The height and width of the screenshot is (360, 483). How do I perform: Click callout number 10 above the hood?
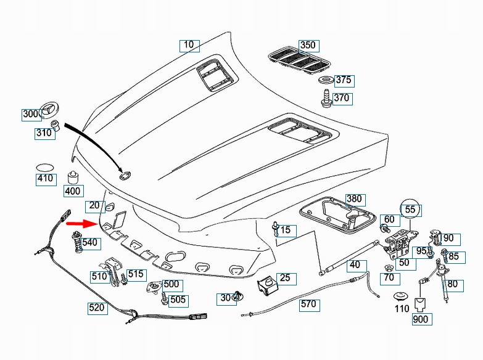click(189, 44)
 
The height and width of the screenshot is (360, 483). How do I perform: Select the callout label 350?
click(307, 45)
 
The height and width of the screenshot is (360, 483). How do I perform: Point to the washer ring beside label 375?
click(325, 81)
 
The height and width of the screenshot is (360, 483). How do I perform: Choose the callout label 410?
click(45, 179)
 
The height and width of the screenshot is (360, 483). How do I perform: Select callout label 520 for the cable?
click(97, 307)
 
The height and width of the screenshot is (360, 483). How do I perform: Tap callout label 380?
click(353, 199)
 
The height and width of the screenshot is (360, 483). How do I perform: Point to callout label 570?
click(308, 304)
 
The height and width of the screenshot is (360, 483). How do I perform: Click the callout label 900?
click(421, 319)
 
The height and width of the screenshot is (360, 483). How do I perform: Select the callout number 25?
click(284, 278)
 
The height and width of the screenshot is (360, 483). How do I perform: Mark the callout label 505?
click(178, 300)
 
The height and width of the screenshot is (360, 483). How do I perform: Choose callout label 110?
click(402, 308)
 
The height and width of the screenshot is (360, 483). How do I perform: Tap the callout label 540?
click(90, 243)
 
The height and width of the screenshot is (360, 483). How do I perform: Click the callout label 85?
click(453, 256)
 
